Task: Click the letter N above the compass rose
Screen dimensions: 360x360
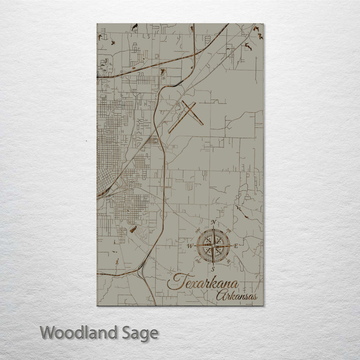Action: [213, 222]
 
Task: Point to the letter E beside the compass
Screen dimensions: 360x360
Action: [236, 245]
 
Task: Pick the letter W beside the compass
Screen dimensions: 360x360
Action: [189, 246]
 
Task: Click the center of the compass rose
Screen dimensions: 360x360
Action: [213, 245]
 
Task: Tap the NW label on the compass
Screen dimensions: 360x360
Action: [198, 230]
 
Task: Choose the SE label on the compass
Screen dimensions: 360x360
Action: [228, 261]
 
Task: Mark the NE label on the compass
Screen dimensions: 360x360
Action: [229, 230]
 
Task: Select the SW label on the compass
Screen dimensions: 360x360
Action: [198, 261]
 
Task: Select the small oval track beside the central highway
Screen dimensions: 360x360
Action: [152, 141]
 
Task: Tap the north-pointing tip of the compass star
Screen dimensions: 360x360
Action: [213, 229]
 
